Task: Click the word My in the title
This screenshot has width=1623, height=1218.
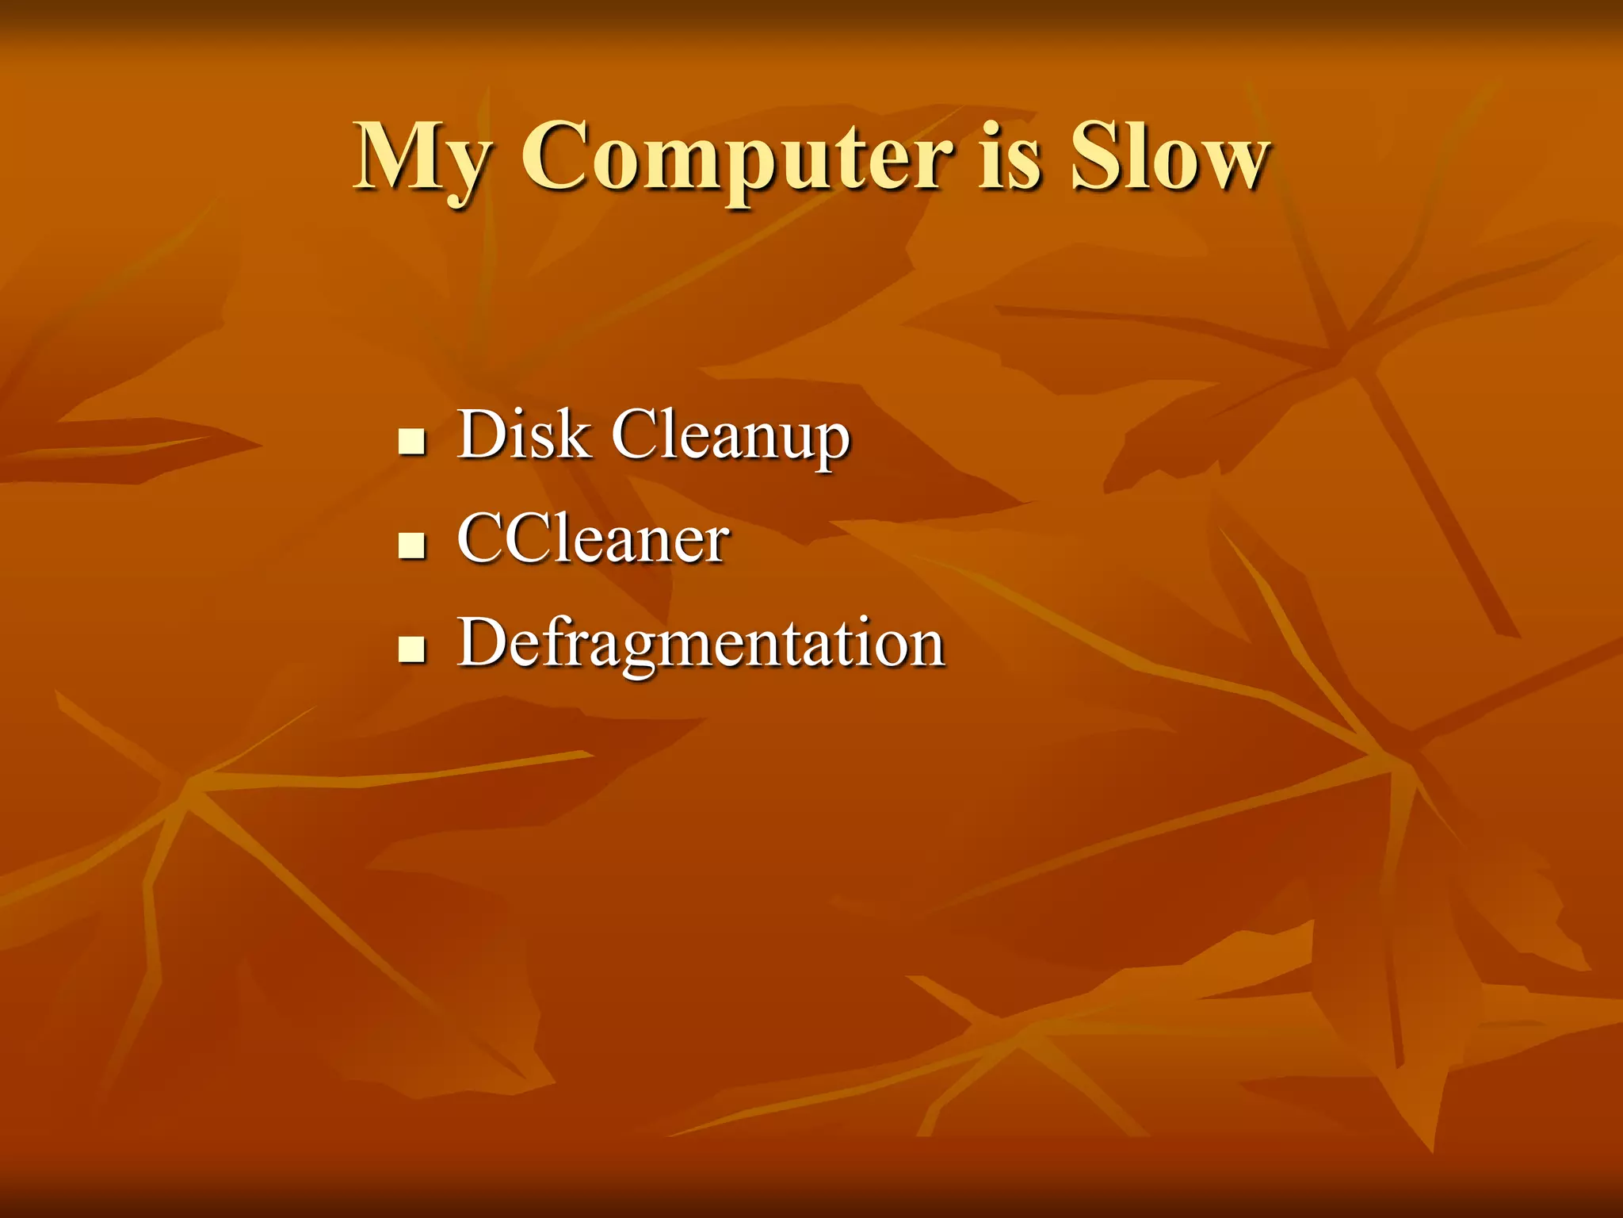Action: pyautogui.click(x=422, y=159)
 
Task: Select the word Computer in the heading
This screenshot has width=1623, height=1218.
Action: pyautogui.click(x=737, y=159)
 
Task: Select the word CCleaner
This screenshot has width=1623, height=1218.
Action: pyautogui.click(x=593, y=539)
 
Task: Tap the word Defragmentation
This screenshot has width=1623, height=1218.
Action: pyautogui.click(x=701, y=644)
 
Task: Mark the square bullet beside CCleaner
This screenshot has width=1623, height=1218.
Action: pyautogui.click(x=412, y=546)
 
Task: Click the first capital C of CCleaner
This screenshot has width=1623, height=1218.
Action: pyautogui.click(x=483, y=538)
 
